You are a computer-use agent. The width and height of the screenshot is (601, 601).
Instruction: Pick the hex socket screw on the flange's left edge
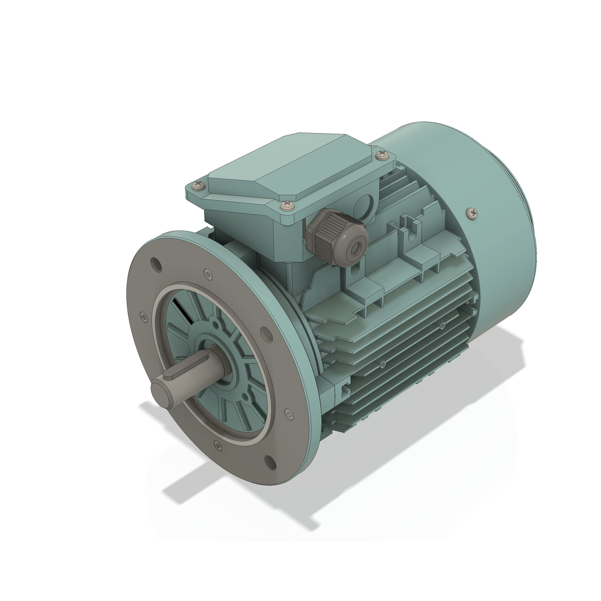pyautogui.click(x=143, y=317)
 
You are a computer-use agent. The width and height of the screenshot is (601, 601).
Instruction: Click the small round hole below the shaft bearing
pyautogui.click(x=245, y=397)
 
